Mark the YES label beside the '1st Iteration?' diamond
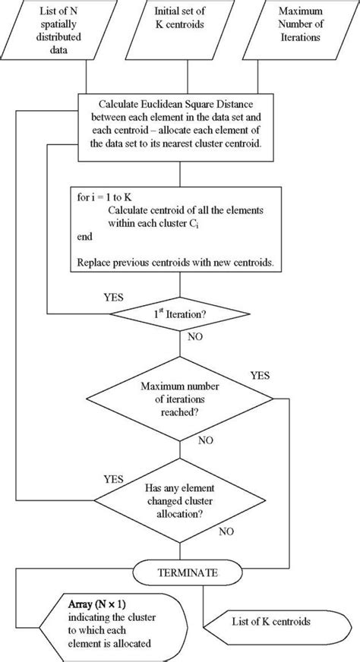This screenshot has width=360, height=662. point(114,297)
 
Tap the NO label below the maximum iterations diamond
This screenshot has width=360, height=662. point(205,439)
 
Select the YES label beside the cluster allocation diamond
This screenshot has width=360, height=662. point(114,479)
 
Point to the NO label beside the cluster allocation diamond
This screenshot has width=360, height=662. point(226,531)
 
